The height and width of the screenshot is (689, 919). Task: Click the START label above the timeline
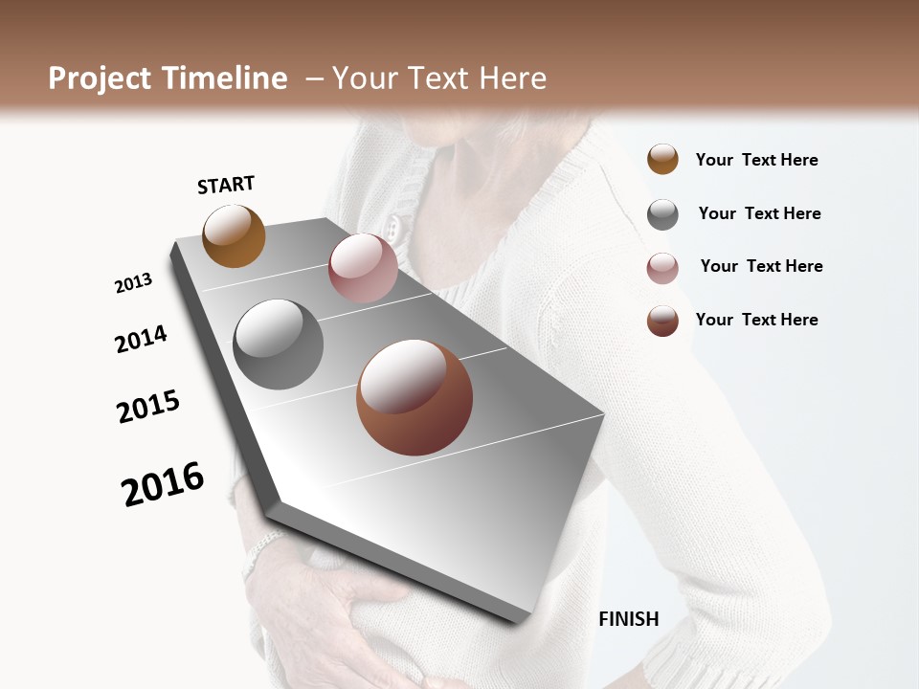pyautogui.click(x=226, y=185)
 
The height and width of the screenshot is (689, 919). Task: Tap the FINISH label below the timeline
pyautogui.click(x=628, y=619)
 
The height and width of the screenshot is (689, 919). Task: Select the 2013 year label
pyautogui.click(x=133, y=283)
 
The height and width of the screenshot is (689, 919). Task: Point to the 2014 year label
pyautogui.click(x=141, y=339)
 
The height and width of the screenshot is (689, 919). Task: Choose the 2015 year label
pyautogui.click(x=148, y=407)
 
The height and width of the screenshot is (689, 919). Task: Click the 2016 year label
pyautogui.click(x=163, y=484)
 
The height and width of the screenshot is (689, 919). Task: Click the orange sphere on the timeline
pyautogui.click(x=234, y=235)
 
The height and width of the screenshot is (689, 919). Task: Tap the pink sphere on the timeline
pyautogui.click(x=363, y=267)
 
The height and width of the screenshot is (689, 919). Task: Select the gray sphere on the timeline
pyautogui.click(x=278, y=344)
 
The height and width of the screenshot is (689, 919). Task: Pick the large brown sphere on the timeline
pyautogui.click(x=414, y=397)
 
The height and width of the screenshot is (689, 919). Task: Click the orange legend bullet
pyautogui.click(x=662, y=160)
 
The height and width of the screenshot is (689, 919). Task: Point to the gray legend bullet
pyautogui.click(x=662, y=214)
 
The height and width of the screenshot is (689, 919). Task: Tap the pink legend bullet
pyautogui.click(x=662, y=268)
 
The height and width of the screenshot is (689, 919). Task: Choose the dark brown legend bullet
pyautogui.click(x=662, y=321)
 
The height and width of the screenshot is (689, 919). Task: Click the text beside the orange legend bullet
pyautogui.click(x=756, y=160)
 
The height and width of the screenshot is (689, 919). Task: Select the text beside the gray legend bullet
pyautogui.click(x=759, y=213)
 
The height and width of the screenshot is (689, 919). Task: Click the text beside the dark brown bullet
pyautogui.click(x=756, y=320)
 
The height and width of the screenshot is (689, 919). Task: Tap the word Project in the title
pyautogui.click(x=100, y=78)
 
